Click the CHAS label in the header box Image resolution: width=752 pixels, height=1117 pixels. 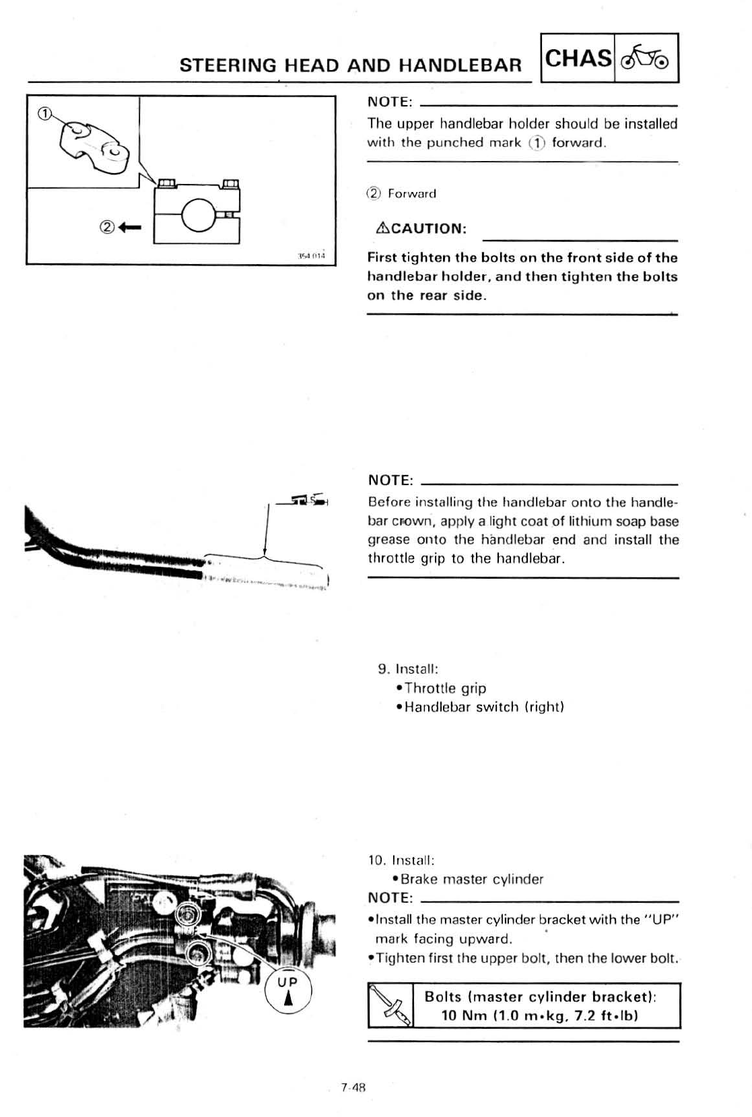[578, 58]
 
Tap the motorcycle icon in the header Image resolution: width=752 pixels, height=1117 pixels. [645, 59]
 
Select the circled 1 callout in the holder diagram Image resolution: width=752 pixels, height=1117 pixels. [44, 114]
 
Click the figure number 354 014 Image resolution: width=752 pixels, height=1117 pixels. [311, 256]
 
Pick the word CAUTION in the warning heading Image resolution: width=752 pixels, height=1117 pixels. [428, 228]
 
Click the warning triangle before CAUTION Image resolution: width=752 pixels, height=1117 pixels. [381, 228]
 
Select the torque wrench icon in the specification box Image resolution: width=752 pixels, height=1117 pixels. [390, 1005]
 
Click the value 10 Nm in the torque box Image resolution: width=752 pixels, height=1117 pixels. [460, 1015]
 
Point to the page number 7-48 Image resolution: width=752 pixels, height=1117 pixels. [353, 1087]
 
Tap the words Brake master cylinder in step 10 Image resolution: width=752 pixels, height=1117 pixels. [471, 879]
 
